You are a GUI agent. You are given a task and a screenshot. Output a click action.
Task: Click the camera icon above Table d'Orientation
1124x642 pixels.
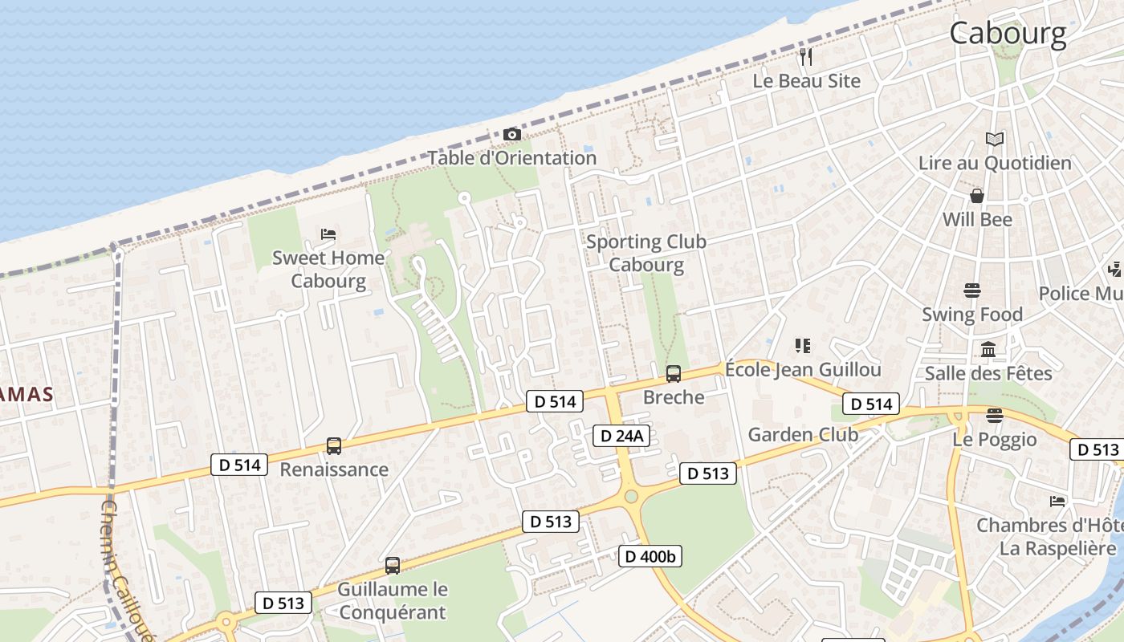pyautogui.click(x=511, y=134)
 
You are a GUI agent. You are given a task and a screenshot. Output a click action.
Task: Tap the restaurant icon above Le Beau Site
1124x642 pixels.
pyautogui.click(x=806, y=57)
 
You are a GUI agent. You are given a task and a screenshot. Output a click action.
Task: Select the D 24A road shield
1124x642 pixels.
pyautogui.click(x=621, y=436)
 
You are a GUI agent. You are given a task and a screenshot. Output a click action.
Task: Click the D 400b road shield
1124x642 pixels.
pyautogui.click(x=650, y=555)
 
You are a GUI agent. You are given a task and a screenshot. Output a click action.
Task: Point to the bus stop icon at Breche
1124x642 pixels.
pyautogui.click(x=674, y=373)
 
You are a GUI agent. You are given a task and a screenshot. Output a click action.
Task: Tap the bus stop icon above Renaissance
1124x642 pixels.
pyautogui.click(x=334, y=446)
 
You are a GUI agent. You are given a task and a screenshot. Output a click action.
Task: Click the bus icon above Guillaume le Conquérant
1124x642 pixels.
pyautogui.click(x=393, y=566)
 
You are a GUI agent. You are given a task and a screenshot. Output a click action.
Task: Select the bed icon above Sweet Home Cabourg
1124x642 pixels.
pyautogui.click(x=328, y=234)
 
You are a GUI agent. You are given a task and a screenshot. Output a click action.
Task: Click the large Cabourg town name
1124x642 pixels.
pyautogui.click(x=1008, y=34)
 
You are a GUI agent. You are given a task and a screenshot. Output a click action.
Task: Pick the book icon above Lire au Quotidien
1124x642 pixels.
pyautogui.click(x=995, y=140)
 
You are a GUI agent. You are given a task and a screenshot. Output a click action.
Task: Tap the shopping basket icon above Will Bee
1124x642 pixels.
pyautogui.click(x=977, y=196)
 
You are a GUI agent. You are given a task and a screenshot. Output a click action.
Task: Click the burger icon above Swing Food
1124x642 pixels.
pyautogui.click(x=972, y=291)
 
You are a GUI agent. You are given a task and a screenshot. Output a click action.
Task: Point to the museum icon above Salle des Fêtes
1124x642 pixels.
pyautogui.click(x=988, y=350)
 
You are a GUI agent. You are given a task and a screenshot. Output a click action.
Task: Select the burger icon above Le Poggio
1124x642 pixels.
pyautogui.click(x=995, y=416)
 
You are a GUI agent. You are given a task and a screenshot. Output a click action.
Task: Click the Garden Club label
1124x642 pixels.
pyautogui.click(x=803, y=435)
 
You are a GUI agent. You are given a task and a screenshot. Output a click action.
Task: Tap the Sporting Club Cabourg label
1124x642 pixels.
pyautogui.click(x=646, y=253)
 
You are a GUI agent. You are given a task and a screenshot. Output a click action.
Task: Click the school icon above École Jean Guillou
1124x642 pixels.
pyautogui.click(x=802, y=346)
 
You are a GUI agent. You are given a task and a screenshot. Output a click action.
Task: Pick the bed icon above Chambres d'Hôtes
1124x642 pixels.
pyautogui.click(x=1057, y=502)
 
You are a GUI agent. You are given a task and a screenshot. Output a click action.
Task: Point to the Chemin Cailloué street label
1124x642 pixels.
pyautogui.click(x=120, y=562)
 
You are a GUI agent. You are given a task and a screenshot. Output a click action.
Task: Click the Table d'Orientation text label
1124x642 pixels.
pyautogui.click(x=511, y=158)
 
